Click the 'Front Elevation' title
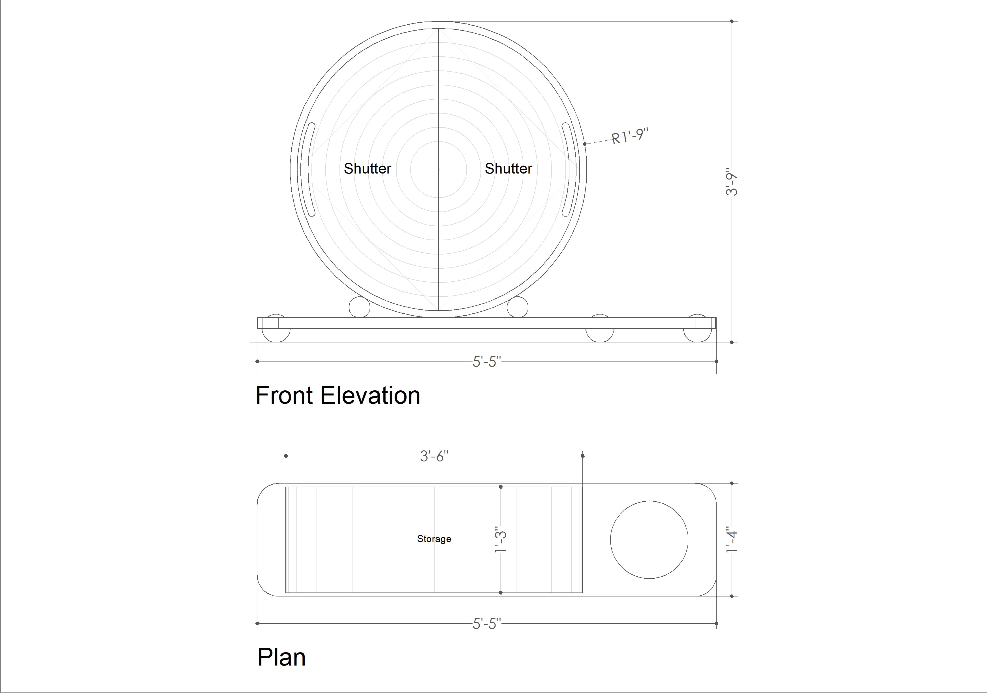[338, 395]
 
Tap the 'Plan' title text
[281, 658]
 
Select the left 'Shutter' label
[368, 168]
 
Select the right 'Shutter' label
[509, 168]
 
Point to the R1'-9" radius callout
[630, 136]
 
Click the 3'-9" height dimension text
[731, 181]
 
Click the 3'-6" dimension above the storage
[434, 456]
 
